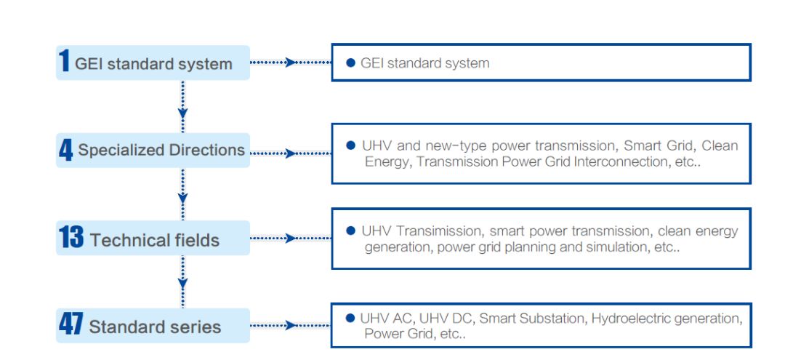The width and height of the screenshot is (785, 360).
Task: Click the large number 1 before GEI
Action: point(65,62)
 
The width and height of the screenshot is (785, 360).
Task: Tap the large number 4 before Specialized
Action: point(66,150)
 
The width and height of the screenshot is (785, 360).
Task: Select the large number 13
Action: point(71,238)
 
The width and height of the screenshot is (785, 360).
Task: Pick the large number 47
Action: point(71,325)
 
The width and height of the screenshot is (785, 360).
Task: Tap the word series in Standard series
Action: point(197,327)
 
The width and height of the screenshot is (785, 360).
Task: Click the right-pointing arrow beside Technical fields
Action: point(291,238)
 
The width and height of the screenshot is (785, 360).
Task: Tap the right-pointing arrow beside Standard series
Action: point(291,325)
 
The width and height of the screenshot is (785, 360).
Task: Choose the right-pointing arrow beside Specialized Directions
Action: point(291,153)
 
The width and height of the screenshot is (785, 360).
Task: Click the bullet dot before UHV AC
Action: point(350,319)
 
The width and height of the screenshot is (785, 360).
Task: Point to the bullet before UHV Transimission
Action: point(351,231)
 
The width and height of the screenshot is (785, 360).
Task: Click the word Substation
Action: point(550,319)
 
